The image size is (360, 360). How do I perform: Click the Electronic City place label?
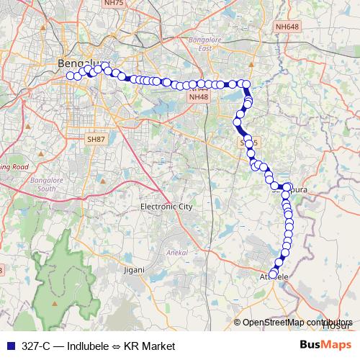pyautogui.click(x=166, y=207)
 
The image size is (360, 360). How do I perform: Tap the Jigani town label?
pyautogui.click(x=134, y=270)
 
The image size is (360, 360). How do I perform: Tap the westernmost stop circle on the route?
pyautogui.click(x=70, y=76)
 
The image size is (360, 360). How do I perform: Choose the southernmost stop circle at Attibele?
pyautogui.click(x=273, y=272)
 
